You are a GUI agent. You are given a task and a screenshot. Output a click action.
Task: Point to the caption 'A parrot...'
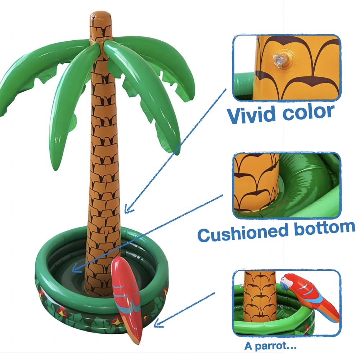[270, 346]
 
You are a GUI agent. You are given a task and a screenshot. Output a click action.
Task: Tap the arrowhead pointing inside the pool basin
[75, 269]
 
